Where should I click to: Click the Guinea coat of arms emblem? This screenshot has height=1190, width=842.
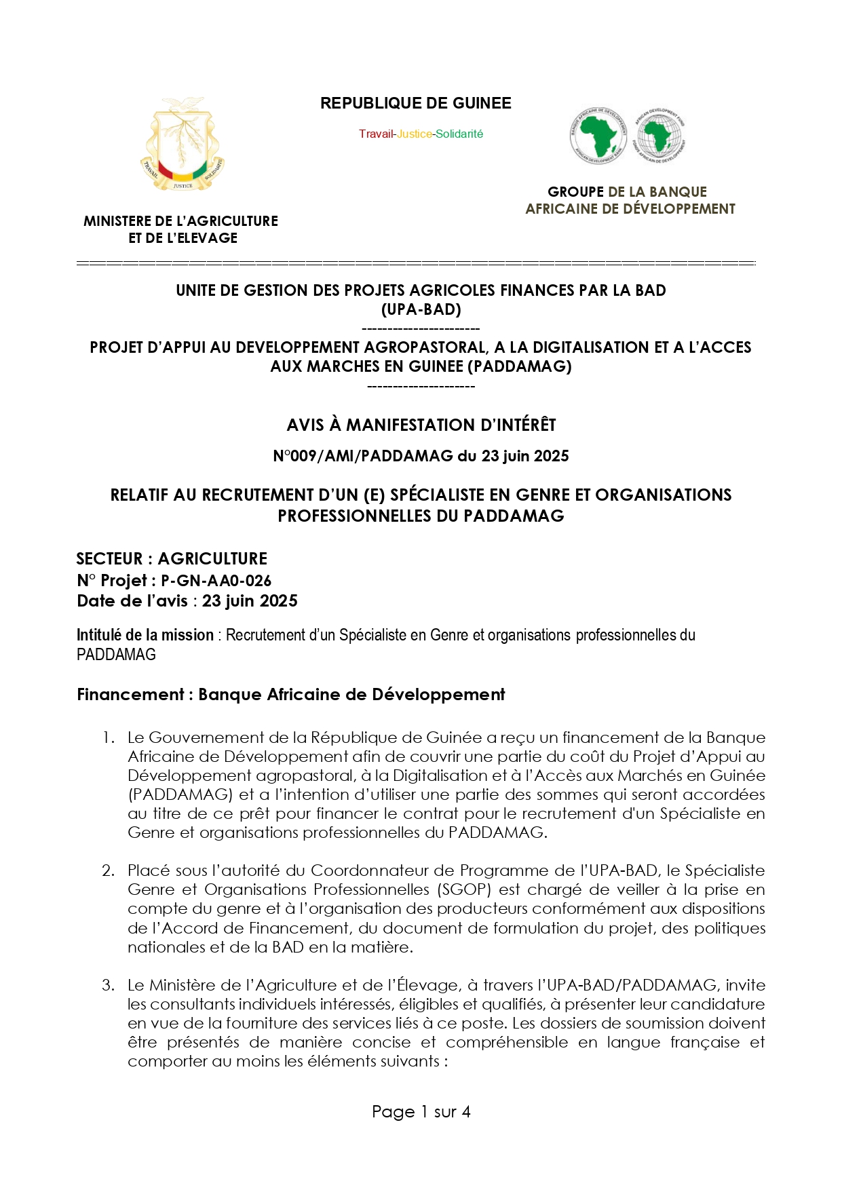coord(182,145)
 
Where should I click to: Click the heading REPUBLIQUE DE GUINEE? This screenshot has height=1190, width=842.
coord(415,103)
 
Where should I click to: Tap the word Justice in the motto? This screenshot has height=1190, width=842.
coord(414,134)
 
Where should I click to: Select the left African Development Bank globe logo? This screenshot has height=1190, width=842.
coord(598,136)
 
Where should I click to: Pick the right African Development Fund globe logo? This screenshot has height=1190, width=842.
coord(659,136)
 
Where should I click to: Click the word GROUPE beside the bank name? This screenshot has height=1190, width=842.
coord(575,192)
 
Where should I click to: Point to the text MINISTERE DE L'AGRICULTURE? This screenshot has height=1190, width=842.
coord(180,221)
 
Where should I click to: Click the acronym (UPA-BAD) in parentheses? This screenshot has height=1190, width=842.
coord(421,309)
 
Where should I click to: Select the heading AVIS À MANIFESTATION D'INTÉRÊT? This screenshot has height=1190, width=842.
coord(421,425)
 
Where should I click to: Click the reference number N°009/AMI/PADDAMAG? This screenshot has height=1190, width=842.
coord(362,456)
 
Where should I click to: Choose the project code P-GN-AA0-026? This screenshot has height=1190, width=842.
coord(216,581)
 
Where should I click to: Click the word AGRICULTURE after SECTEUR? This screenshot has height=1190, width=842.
coord(212,559)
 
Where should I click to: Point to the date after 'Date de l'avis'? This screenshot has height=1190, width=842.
coord(250,601)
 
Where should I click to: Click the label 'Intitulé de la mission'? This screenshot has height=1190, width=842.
coord(145,635)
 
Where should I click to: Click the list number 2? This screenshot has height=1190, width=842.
coord(108,870)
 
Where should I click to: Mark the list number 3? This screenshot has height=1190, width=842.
coord(108,985)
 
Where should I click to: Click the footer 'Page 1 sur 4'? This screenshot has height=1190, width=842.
coord(421,1112)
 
